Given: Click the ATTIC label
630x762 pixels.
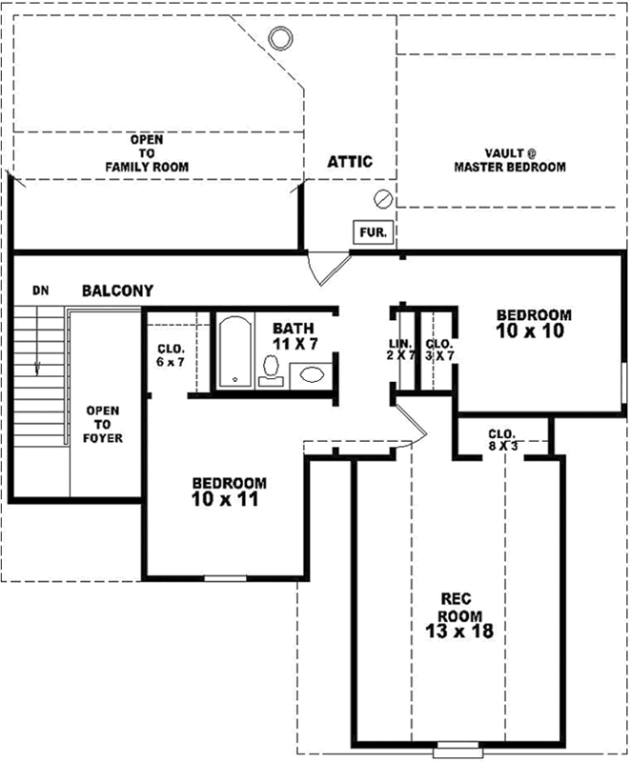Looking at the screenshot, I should pyautogui.click(x=350, y=161).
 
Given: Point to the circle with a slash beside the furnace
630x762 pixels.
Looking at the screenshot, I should pyautogui.click(x=383, y=199).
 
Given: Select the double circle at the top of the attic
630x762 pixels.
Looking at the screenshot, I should pyautogui.click(x=280, y=38).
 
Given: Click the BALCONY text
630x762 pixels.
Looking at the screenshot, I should pyautogui.click(x=117, y=291).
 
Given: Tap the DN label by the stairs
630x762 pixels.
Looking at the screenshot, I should pyautogui.click(x=40, y=290).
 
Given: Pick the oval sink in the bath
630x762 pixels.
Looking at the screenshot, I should pyautogui.click(x=311, y=374).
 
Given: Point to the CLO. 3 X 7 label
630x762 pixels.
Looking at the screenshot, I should pyautogui.click(x=438, y=350).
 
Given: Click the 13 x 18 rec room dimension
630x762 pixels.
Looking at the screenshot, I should pyautogui.click(x=459, y=631).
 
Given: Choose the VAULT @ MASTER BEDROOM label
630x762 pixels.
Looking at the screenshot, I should pyautogui.click(x=509, y=160).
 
